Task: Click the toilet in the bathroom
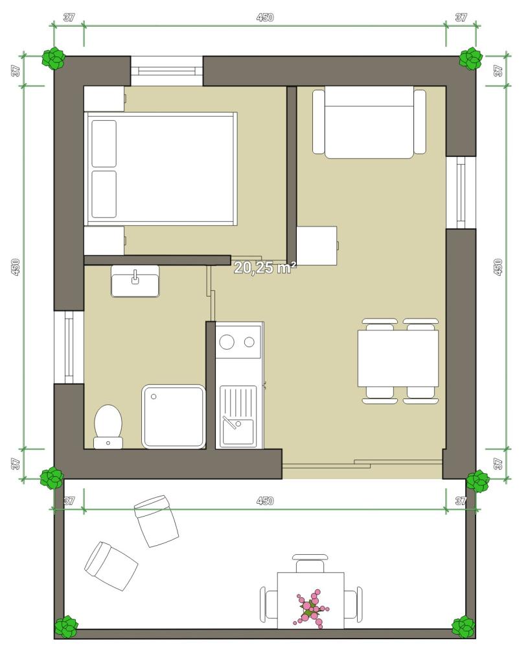point(108,426)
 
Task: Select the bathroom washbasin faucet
point(135,277)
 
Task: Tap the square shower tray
point(174,417)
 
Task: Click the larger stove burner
point(227,342)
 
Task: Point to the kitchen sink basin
point(238,432)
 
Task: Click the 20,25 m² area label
point(265,268)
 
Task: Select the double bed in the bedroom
point(161,169)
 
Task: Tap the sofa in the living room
point(369,122)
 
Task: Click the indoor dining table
point(398,358)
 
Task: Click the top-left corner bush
point(54,58)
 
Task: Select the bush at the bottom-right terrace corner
point(463,627)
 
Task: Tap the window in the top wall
point(167,71)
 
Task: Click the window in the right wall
point(461,193)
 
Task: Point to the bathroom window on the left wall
point(69,347)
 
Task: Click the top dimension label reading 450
point(265,18)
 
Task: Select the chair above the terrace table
point(310,563)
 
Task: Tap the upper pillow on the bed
point(104,143)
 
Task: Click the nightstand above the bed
point(104,99)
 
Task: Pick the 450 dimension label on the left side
point(16,267)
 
